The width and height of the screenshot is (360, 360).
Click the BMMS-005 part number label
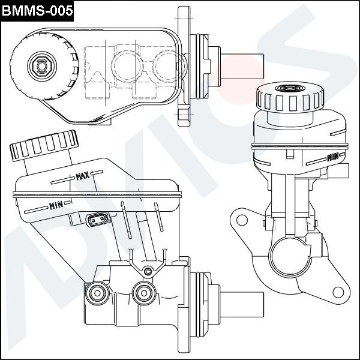37,10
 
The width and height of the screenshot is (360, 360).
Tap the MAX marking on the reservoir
83,176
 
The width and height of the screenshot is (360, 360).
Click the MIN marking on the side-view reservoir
56,205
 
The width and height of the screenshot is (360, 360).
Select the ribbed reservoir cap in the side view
43,142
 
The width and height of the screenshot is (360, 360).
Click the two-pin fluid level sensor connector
97,220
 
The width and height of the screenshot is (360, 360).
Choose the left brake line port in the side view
96,293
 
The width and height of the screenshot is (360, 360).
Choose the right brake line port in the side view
143,292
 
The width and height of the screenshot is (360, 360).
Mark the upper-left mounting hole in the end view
241,220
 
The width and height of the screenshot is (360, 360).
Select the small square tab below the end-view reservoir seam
290,154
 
